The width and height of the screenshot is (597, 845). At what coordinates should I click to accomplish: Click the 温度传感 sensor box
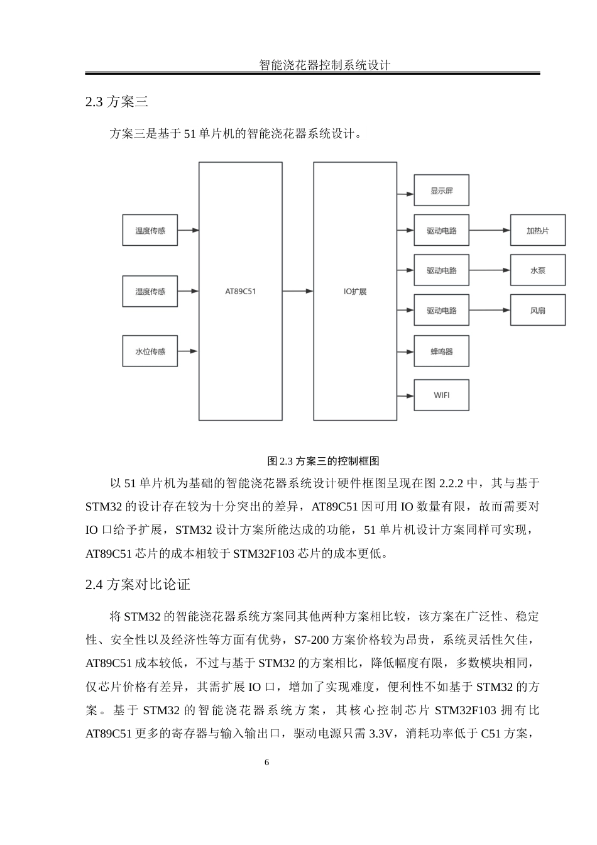click(150, 230)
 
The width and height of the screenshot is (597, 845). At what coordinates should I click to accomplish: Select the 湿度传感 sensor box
click(150, 291)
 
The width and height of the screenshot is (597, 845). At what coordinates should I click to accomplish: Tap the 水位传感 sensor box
click(150, 351)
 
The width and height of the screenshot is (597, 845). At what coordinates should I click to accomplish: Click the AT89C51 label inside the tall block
click(241, 292)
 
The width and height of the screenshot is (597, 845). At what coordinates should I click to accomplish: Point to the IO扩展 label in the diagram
click(355, 292)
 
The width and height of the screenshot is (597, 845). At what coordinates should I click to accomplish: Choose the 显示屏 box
click(441, 191)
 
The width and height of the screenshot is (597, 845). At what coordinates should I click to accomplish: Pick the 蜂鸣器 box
click(441, 351)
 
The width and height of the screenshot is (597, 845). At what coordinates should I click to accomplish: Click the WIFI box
click(441, 395)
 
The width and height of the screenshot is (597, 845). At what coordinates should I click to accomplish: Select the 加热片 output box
click(537, 230)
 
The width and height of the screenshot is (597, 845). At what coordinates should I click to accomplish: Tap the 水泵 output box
click(537, 270)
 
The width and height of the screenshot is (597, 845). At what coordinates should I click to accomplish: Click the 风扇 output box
click(537, 310)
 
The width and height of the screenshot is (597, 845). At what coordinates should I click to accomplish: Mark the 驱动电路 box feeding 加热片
click(441, 230)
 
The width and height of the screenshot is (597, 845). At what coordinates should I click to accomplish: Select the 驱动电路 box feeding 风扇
click(441, 310)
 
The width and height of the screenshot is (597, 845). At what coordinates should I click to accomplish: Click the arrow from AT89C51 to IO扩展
click(297, 291)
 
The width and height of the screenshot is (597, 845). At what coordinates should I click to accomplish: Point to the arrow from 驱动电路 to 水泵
click(490, 270)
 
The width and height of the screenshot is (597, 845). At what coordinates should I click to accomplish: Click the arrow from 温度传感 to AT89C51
click(188, 230)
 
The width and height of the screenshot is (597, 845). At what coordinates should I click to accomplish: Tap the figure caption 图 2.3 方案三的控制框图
click(323, 461)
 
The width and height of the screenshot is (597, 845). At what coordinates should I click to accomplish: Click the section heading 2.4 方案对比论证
click(138, 584)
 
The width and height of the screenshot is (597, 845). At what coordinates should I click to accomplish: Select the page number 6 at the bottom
click(267, 763)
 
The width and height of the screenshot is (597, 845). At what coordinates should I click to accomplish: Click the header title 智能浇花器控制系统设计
click(325, 65)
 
